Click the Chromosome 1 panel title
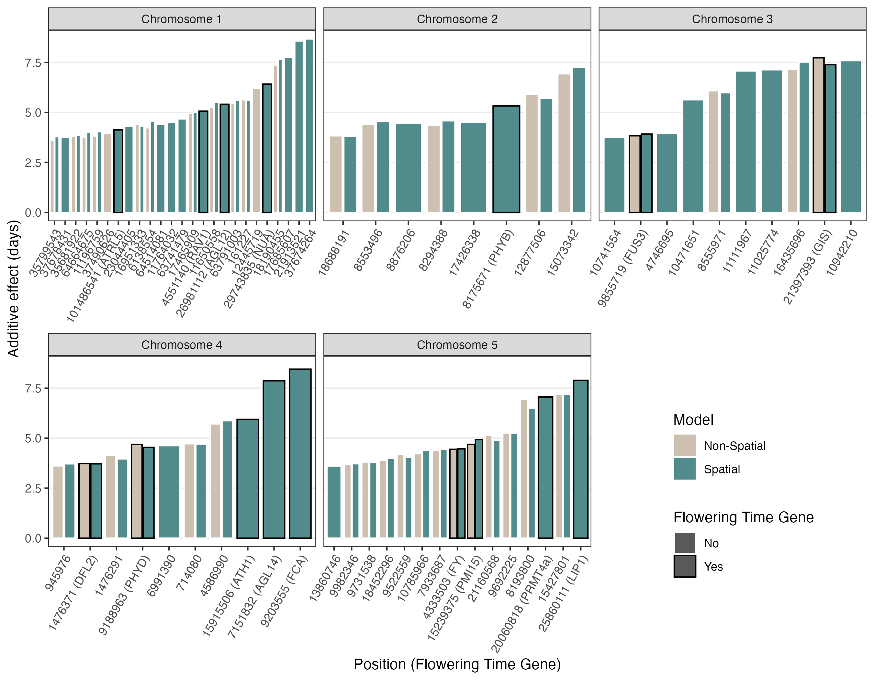182,19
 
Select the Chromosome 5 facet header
457,345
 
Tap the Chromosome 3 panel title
732,19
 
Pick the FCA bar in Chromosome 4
300,454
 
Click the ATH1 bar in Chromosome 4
248,479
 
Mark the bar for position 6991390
169,492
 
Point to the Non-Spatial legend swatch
685,446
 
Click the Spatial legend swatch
685,469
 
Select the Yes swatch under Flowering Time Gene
685,566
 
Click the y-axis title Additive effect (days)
13,288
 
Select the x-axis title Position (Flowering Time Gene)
457,664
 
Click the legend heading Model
693,420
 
